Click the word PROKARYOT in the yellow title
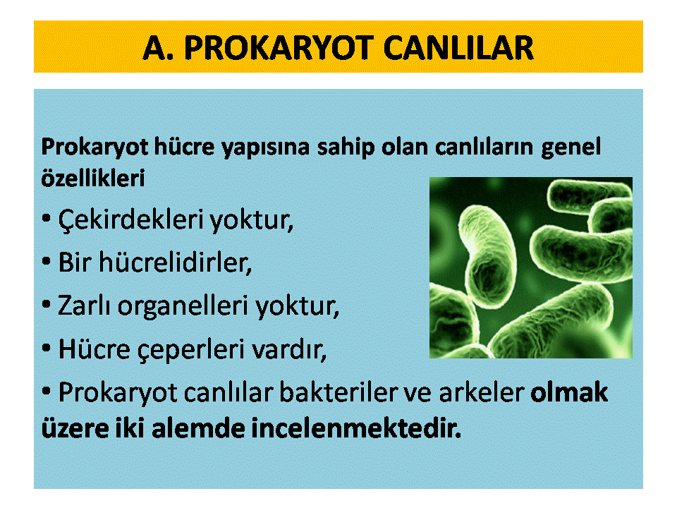[x=279, y=47]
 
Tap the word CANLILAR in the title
[x=458, y=47]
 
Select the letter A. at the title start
[x=158, y=47]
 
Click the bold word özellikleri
[x=93, y=178]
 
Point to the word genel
[x=571, y=147]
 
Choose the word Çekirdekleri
[x=131, y=219]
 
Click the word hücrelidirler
[x=176, y=262]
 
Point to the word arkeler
[x=482, y=392]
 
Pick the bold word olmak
[x=569, y=392]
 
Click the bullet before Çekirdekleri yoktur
[x=47, y=218]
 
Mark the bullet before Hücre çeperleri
[x=47, y=348]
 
